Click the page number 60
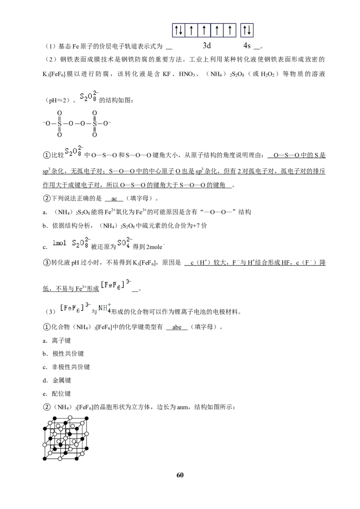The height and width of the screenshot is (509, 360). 180,475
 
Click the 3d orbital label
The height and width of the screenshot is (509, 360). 207,45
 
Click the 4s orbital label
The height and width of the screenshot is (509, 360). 247,45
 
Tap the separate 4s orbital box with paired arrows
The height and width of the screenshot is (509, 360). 247,31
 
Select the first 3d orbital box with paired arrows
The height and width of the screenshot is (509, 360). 178,31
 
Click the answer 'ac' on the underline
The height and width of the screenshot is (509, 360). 114,198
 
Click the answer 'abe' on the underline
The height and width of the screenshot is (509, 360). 177,327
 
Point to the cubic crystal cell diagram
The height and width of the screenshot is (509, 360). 66,438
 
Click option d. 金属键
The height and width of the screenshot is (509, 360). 57,380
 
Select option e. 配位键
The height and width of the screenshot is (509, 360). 57,393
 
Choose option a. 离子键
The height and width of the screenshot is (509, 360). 57,340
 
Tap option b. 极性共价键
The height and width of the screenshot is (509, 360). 63,353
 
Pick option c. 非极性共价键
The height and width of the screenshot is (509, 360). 66,367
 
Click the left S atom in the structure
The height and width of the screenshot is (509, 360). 59,124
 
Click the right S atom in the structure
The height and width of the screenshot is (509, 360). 94,124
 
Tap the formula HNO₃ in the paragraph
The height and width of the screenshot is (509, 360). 187,74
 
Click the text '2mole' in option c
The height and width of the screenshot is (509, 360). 154,247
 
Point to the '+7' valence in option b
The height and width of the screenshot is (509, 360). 197,226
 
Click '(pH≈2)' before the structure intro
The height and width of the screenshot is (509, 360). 57,101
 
